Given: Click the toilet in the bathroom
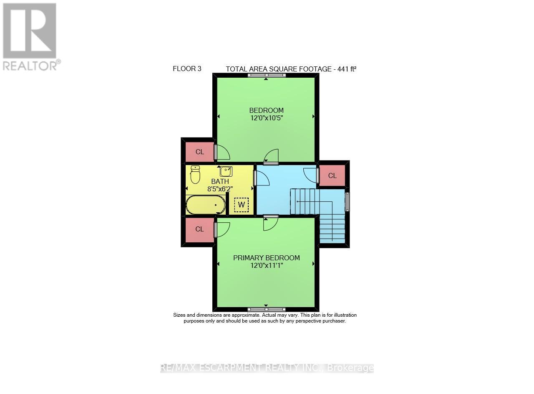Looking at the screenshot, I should [x=195, y=175].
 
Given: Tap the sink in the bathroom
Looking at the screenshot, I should [x=226, y=171].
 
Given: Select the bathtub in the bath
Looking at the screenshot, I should [x=206, y=206].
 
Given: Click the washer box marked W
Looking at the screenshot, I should [x=241, y=205].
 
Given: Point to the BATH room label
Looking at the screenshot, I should [x=220, y=181].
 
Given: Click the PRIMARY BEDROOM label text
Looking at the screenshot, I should [x=266, y=258].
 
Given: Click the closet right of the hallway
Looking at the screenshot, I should [x=332, y=175].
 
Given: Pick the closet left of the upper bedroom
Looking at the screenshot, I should [x=199, y=152].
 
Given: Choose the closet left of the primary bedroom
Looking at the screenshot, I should [x=199, y=229].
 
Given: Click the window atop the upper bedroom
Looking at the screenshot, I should [x=266, y=75].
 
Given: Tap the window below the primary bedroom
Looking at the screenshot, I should [x=266, y=309].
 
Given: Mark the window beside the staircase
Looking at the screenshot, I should [x=348, y=201].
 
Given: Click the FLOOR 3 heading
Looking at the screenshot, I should [x=187, y=69].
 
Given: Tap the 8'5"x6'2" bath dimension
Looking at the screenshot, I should [x=220, y=188].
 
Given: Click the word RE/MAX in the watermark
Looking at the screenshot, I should [x=175, y=368].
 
